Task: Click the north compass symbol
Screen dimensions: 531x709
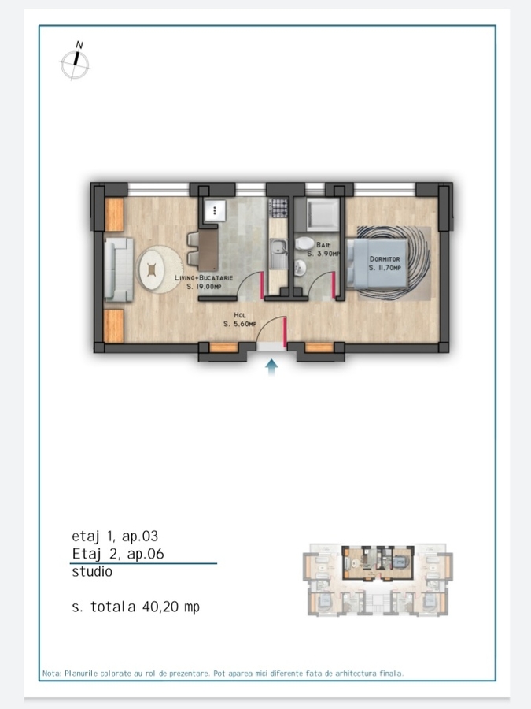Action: (x=76, y=63)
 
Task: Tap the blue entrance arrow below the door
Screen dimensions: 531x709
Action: (x=271, y=367)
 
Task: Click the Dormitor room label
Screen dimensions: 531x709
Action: (x=385, y=259)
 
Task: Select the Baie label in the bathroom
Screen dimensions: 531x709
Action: (x=323, y=245)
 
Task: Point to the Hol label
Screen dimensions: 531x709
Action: (x=240, y=315)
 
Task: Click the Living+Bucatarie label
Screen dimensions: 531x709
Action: (x=204, y=277)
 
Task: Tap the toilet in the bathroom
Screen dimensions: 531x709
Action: (x=304, y=243)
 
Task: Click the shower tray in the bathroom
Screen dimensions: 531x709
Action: (x=323, y=213)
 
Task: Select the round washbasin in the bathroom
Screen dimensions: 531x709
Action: (x=300, y=268)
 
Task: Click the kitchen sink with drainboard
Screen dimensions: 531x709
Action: (x=278, y=254)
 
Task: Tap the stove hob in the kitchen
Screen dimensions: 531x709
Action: (x=278, y=207)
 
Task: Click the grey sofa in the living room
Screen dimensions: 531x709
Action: (x=118, y=269)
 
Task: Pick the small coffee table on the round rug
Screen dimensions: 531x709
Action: (x=152, y=270)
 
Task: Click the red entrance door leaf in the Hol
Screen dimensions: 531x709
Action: (x=285, y=332)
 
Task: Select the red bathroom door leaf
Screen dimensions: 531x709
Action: (x=334, y=285)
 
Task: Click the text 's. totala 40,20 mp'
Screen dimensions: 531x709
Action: (x=135, y=607)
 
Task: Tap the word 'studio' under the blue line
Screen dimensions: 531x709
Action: (x=92, y=572)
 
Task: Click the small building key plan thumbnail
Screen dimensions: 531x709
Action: (x=378, y=580)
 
